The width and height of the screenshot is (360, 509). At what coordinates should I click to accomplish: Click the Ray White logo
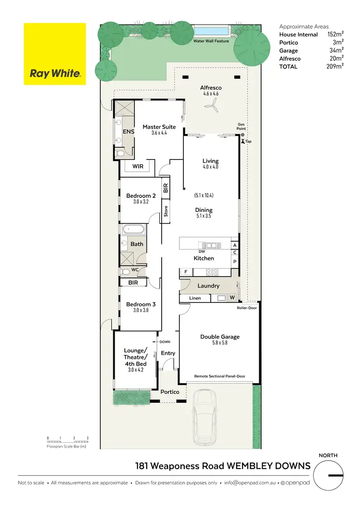55,54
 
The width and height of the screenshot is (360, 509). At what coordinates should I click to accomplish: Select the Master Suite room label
159,127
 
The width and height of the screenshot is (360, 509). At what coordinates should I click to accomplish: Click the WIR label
137,166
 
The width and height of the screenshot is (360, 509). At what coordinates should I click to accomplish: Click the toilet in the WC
126,271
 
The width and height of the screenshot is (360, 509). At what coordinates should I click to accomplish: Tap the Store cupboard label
166,211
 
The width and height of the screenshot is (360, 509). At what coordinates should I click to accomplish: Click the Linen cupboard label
194,298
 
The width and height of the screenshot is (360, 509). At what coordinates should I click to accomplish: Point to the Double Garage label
220,337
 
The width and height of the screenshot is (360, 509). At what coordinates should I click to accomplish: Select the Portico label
170,392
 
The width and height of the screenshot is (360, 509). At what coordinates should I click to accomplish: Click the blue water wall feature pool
211,31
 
